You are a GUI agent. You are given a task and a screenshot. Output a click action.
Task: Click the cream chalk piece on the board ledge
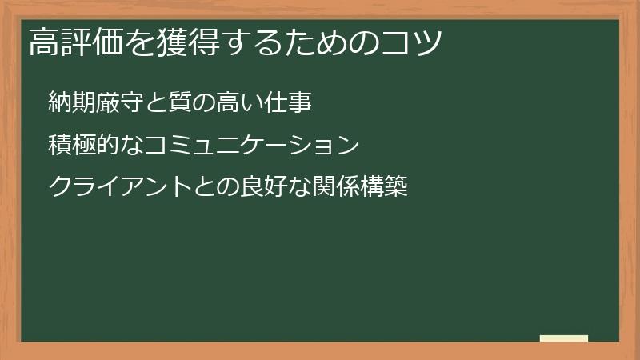tap(563, 338)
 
